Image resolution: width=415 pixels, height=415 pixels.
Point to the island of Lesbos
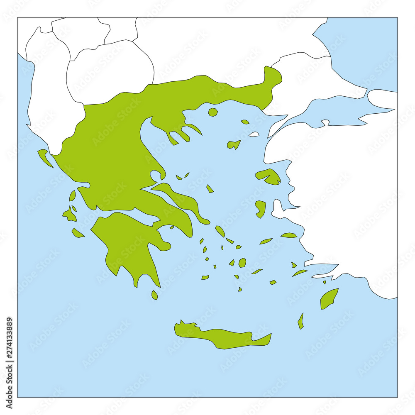click(269, 176)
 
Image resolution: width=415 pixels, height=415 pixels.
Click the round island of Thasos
click(213, 112)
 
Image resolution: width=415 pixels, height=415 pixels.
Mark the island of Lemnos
click(234, 144)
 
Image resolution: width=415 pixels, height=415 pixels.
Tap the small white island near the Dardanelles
click(254, 134)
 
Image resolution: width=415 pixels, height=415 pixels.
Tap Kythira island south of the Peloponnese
click(154, 295)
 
